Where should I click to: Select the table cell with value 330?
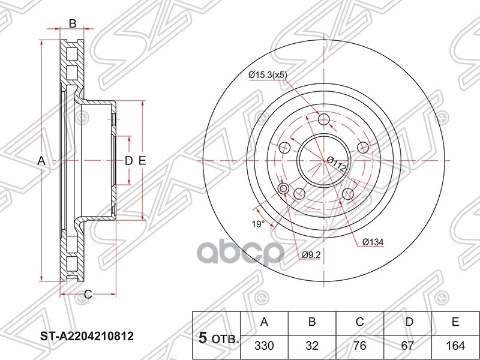click(x=264, y=346)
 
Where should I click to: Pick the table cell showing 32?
click(x=312, y=346)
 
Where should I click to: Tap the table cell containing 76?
click(x=360, y=346)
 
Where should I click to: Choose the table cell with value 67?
click(x=409, y=346)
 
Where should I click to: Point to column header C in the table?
click(x=360, y=322)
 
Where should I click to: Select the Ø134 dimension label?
click(x=373, y=242)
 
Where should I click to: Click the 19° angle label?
click(x=257, y=224)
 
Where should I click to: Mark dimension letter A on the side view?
click(x=41, y=160)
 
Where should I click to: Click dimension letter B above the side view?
click(x=72, y=24)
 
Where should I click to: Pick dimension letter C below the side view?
click(x=87, y=294)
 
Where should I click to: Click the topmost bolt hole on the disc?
click(x=323, y=119)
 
